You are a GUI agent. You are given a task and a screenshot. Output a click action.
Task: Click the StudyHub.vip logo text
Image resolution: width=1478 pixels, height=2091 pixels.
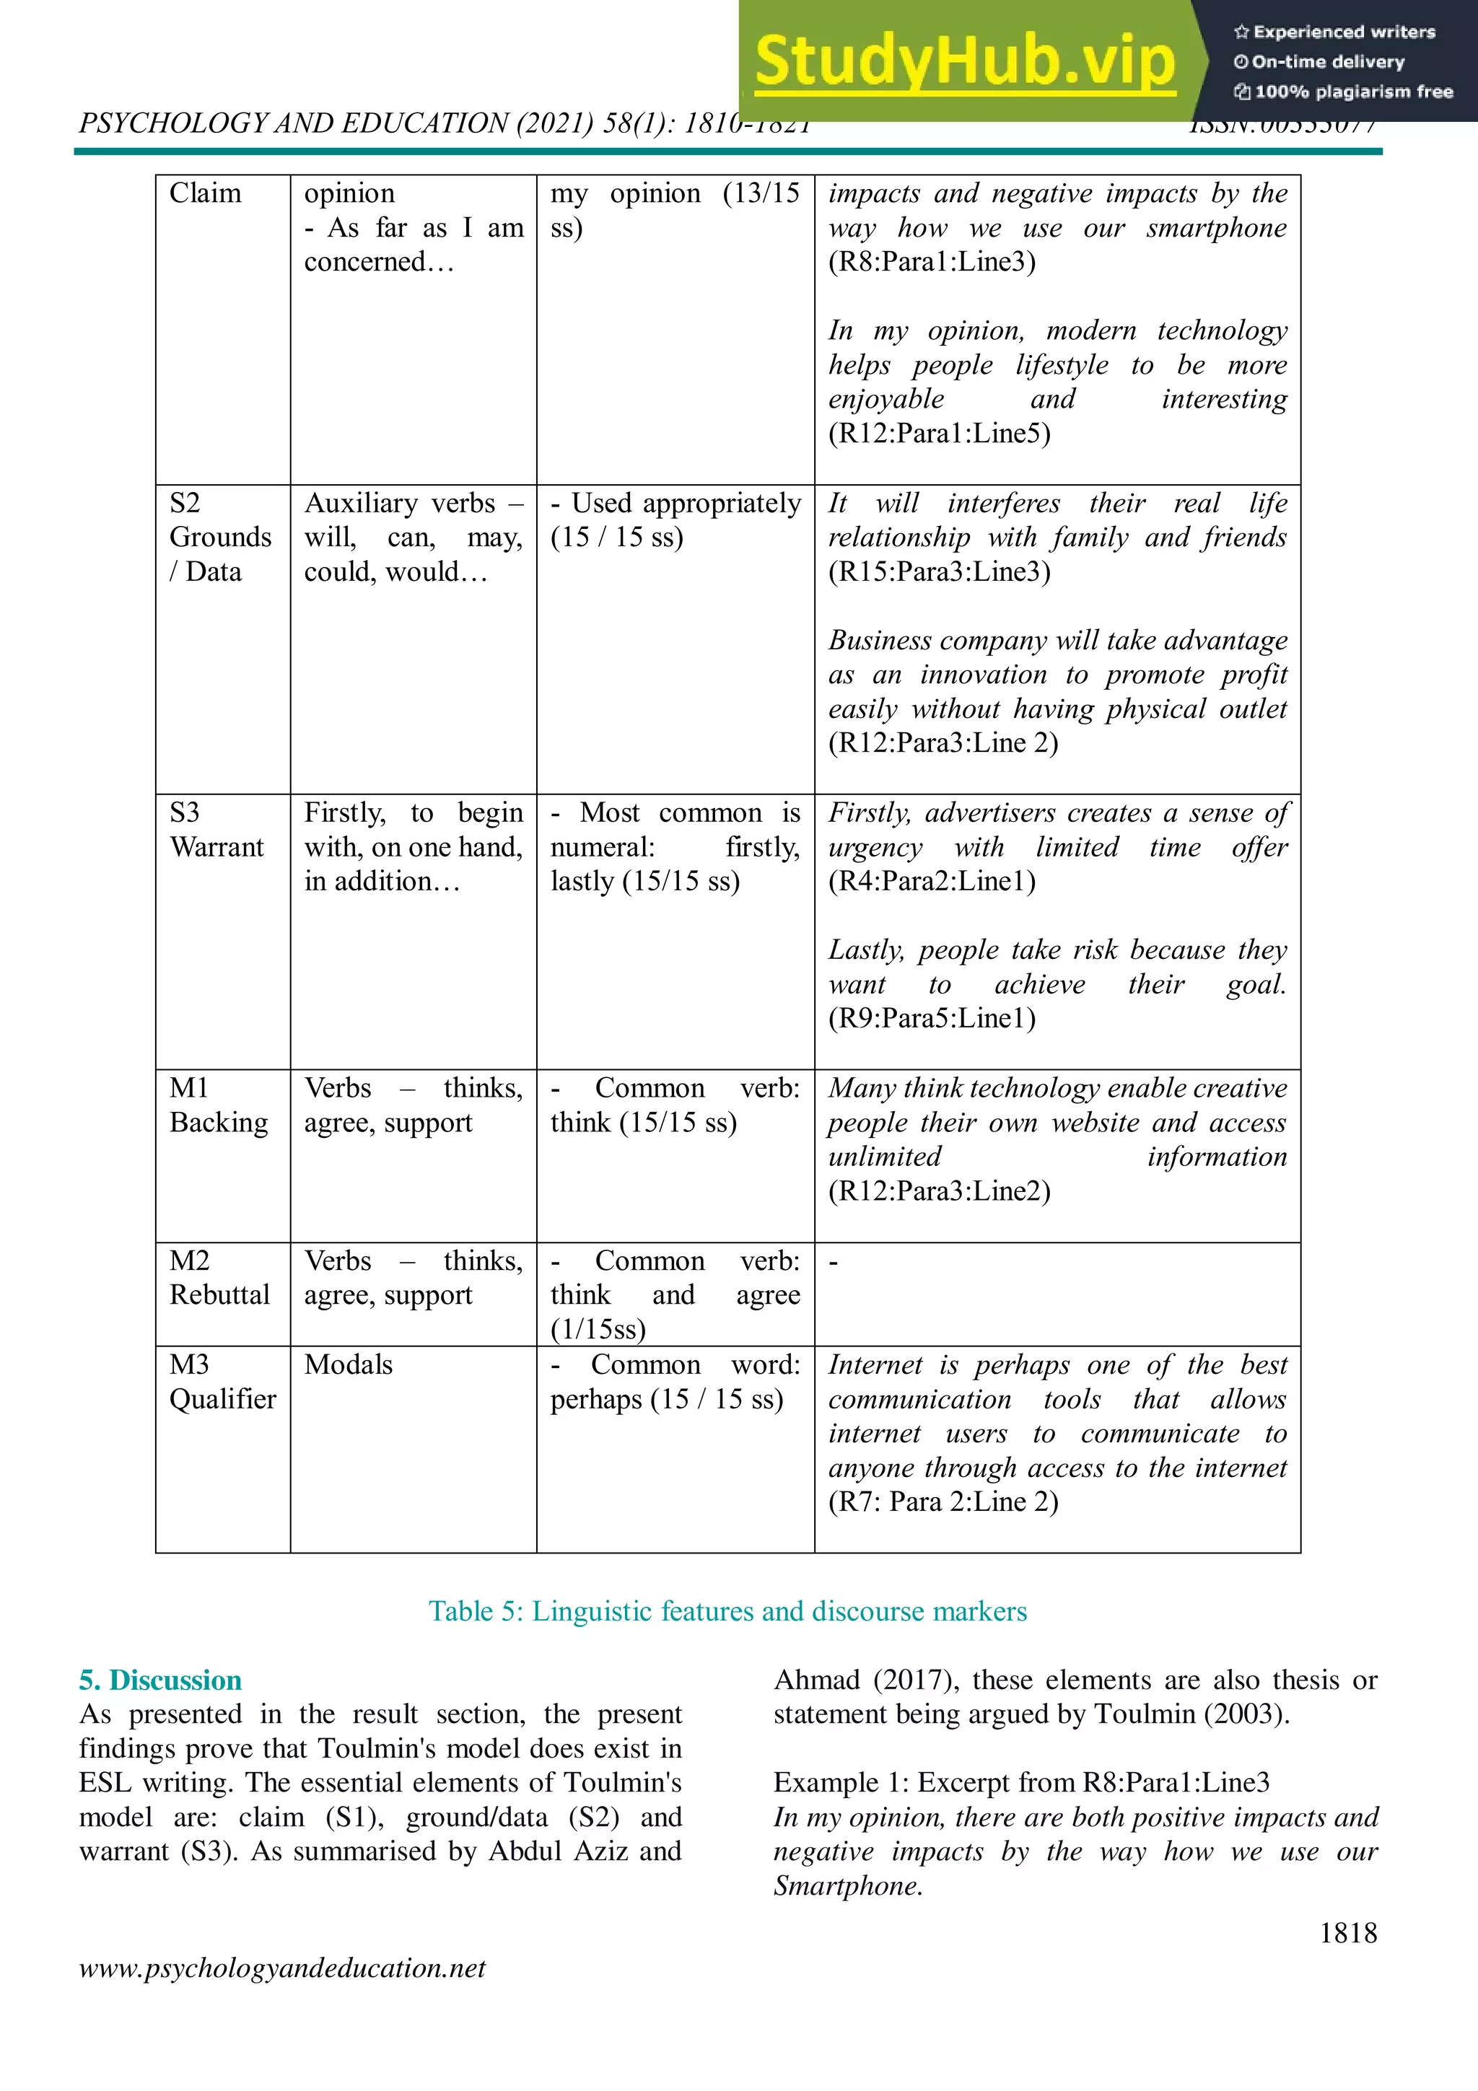[966, 61]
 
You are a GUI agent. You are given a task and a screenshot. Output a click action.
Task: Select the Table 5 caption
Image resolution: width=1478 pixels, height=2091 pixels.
[727, 1611]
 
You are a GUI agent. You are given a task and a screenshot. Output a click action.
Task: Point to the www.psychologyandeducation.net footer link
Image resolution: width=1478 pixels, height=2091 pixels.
[282, 1968]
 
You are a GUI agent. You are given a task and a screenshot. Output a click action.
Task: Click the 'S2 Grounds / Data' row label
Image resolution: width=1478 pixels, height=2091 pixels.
[219, 538]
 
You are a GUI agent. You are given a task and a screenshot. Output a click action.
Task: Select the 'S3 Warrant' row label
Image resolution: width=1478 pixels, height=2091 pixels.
[216, 830]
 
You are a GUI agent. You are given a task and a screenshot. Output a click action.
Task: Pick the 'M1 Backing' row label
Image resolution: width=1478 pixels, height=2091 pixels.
[218, 1105]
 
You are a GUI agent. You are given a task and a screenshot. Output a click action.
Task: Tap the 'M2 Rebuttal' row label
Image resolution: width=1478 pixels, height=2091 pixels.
[219, 1278]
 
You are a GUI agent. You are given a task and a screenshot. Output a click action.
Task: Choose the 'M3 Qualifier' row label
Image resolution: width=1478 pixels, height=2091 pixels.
[222, 1382]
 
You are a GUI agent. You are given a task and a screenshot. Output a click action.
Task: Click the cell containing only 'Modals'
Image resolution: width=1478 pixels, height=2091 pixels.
[349, 1364]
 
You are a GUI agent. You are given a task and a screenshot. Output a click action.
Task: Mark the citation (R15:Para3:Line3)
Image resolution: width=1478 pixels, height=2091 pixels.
[939, 572]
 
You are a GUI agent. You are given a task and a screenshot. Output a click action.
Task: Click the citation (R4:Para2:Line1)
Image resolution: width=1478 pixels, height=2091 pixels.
[932, 882]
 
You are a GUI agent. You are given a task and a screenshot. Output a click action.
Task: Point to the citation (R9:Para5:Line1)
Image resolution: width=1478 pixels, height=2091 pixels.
[932, 1018]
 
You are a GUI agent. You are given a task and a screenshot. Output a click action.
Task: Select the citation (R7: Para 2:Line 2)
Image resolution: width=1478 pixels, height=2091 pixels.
[943, 1502]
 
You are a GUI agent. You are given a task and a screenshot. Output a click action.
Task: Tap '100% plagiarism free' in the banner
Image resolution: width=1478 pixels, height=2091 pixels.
[1353, 91]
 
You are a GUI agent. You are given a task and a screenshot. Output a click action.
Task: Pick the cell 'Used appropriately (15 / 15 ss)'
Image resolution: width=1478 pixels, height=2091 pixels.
[675, 520]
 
